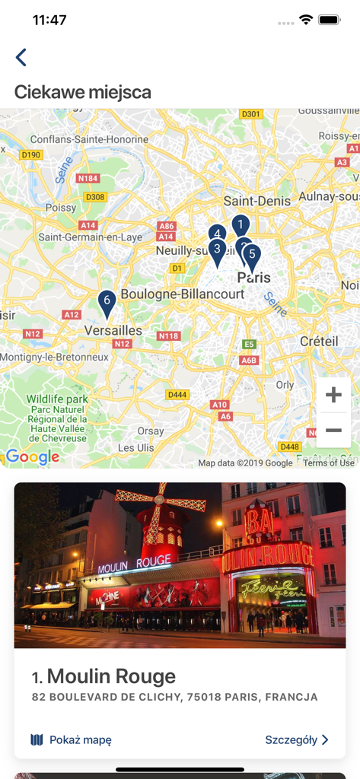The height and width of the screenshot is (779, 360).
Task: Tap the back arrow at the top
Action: pyautogui.click(x=21, y=57)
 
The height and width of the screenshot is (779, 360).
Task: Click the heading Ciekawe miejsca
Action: pyautogui.click(x=83, y=93)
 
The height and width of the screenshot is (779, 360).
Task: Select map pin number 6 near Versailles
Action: pyautogui.click(x=107, y=303)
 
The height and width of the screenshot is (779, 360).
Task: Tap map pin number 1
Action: pyautogui.click(x=241, y=224)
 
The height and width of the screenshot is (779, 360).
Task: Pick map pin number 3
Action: pyautogui.click(x=217, y=250)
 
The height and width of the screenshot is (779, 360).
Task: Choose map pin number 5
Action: pyautogui.click(x=253, y=255)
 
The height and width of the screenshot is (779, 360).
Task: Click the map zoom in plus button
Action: pyautogui.click(x=333, y=395)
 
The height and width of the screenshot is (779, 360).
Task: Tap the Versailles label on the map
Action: pyautogui.click(x=113, y=330)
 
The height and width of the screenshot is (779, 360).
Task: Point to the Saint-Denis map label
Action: pyautogui.click(x=257, y=201)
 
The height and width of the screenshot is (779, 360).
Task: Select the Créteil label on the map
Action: pyautogui.click(x=319, y=342)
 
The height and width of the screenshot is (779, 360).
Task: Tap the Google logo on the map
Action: pyautogui.click(x=33, y=456)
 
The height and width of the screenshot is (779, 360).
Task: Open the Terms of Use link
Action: pyautogui.click(x=329, y=463)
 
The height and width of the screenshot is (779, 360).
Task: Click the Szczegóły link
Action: pyautogui.click(x=297, y=739)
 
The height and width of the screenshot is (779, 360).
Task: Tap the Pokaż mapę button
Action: pyautogui.click(x=71, y=739)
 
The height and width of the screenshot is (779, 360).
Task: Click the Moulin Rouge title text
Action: pyautogui.click(x=111, y=676)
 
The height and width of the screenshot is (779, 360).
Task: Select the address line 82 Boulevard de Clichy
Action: pyautogui.click(x=175, y=697)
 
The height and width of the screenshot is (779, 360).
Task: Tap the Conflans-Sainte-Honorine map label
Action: pyautogui.click(x=90, y=139)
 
